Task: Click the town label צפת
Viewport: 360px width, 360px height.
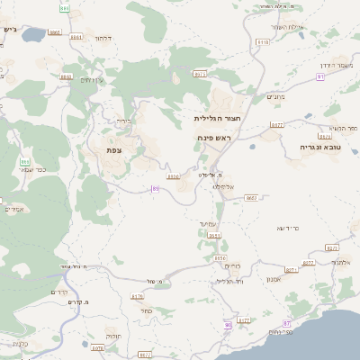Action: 114,149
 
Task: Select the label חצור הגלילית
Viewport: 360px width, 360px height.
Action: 213,118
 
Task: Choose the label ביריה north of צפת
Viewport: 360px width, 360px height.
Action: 123,121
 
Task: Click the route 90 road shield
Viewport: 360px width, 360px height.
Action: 228,324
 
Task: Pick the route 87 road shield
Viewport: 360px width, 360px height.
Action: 287,321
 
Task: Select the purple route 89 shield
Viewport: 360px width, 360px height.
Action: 155,189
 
